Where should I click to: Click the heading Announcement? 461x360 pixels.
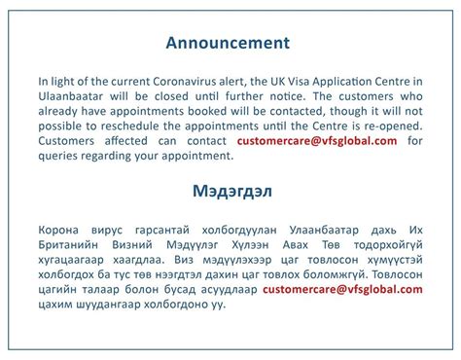(228, 43)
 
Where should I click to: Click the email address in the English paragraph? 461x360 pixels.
(318, 140)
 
